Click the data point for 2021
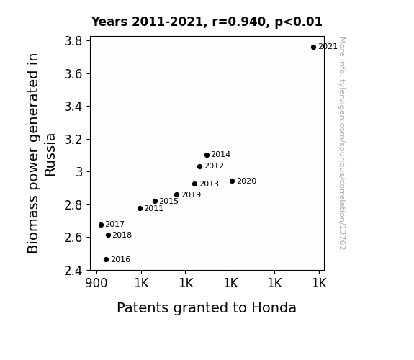(313, 48)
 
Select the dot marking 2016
(106, 260)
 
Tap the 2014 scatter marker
(207, 155)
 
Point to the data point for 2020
(232, 181)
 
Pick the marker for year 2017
(101, 225)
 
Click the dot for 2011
(140, 208)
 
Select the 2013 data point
(194, 184)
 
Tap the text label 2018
(122, 235)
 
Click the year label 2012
(214, 166)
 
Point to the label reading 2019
(191, 194)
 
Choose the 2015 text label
(168, 202)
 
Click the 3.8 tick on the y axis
(73, 41)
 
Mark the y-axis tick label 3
(79, 172)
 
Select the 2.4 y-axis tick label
(73, 271)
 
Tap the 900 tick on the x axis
(96, 283)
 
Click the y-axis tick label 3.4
(73, 107)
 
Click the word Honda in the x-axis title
(274, 307)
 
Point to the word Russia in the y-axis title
(50, 155)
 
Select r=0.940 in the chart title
(239, 22)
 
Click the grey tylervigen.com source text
(342, 143)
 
